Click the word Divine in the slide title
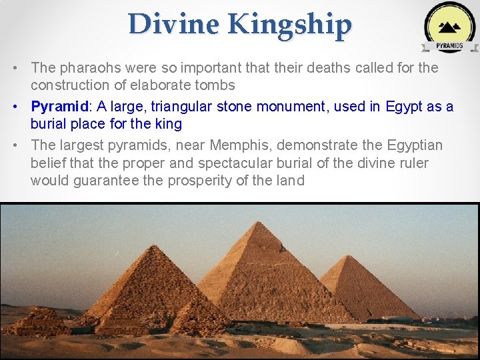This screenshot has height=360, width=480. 174,25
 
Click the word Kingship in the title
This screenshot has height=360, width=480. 289,25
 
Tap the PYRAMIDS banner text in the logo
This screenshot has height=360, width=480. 449,46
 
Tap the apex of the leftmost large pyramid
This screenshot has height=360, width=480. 154,245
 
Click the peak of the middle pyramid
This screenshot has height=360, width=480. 257,222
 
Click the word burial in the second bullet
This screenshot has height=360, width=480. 54,124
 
